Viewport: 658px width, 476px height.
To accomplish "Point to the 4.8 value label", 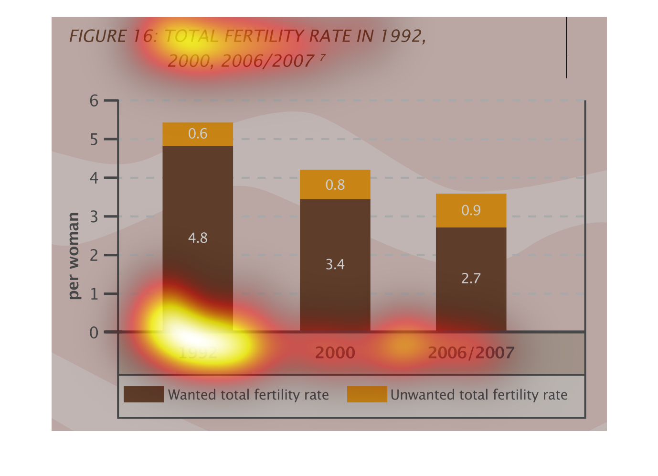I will click(x=198, y=238).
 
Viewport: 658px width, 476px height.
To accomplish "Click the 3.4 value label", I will click(x=335, y=264).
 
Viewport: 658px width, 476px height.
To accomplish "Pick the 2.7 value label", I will click(x=471, y=279).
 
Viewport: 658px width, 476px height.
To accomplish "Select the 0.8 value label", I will click(x=335, y=185).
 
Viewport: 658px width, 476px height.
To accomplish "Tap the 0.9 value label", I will click(x=471, y=211).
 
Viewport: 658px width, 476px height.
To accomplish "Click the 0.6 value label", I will click(x=198, y=134).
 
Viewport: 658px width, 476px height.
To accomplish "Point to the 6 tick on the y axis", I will click(x=94, y=101).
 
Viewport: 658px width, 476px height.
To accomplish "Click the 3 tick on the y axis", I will click(x=94, y=217).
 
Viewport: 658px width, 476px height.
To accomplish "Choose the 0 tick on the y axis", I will click(x=94, y=333).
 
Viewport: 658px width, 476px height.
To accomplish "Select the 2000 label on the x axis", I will click(x=335, y=353).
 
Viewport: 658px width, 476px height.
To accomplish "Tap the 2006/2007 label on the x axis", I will click(x=471, y=353).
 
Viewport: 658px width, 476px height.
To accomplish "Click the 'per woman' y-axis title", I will click(x=73, y=256).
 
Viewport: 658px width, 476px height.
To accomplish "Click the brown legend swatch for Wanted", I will click(x=143, y=394).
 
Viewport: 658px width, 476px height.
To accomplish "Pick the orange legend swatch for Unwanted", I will click(x=367, y=394).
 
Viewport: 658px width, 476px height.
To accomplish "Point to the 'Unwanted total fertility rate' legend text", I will click(x=479, y=395).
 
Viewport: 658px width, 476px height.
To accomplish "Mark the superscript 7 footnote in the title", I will click(x=323, y=57).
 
